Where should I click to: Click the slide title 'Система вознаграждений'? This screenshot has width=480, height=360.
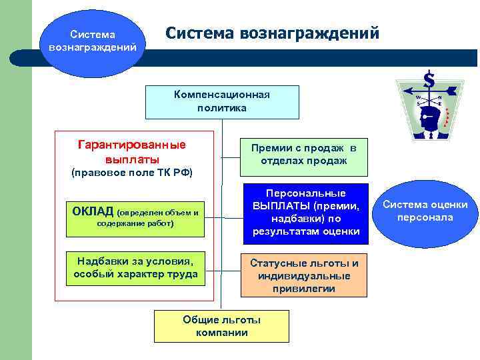(272, 33)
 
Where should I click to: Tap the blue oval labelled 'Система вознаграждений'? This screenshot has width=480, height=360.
(93, 41)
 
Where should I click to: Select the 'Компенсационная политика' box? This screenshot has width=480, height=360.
(222, 101)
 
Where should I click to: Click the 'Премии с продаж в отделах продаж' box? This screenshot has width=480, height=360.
(303, 154)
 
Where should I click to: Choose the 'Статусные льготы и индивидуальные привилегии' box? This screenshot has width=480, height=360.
(303, 275)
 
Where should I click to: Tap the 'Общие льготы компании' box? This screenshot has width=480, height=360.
(222, 326)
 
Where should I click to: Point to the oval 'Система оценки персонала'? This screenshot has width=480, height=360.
(424, 211)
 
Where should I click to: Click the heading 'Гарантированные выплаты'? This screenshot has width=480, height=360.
(132, 152)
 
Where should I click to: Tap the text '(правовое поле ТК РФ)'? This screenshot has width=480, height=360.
(131, 173)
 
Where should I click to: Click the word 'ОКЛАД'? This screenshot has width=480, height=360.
(93, 211)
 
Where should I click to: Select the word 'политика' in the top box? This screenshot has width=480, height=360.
(222, 107)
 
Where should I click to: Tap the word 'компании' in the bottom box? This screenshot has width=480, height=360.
(222, 333)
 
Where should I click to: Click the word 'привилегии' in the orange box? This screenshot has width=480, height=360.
(303, 289)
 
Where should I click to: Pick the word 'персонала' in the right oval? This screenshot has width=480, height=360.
(424, 218)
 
